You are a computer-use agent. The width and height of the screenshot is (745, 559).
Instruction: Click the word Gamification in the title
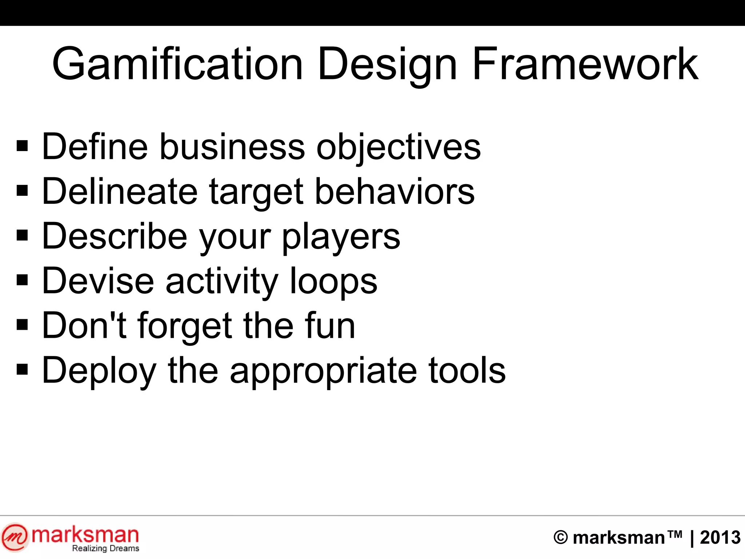pos(178,64)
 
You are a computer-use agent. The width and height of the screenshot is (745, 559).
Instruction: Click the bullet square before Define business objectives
pos(22,146)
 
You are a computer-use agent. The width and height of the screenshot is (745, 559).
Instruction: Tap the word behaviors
pos(395,191)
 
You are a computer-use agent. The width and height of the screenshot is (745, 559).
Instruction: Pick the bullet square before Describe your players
pos(22,235)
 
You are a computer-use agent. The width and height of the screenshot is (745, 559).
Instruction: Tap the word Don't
pos(84,325)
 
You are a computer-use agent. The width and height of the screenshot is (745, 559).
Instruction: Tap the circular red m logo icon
pos(15,537)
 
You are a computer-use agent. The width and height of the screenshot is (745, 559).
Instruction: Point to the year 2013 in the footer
pos(720,538)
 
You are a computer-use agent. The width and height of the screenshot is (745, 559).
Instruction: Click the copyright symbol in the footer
pos(561,538)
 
